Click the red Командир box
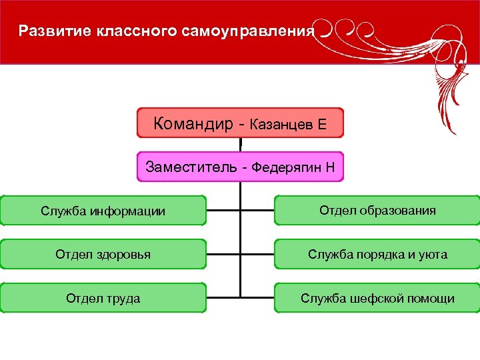coord(240,123)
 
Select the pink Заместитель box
coord(240,167)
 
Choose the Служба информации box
coord(103,211)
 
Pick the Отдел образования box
coord(377,211)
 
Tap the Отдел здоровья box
coord(103,254)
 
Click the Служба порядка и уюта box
coord(377,254)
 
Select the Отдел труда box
coord(103,298)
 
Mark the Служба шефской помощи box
coord(377,298)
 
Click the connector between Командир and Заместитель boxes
coord(240,145)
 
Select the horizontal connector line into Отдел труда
coord(223,296)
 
